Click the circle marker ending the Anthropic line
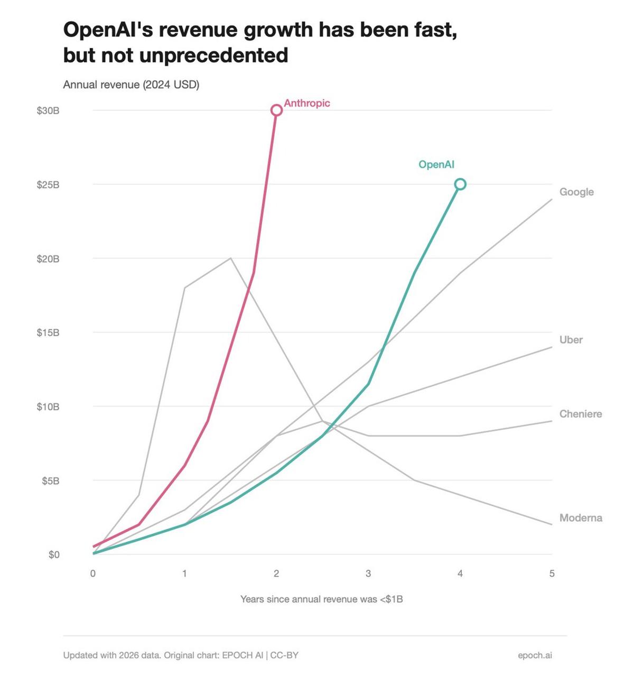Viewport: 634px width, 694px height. click(x=276, y=110)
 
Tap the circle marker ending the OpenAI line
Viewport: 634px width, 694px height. click(x=460, y=184)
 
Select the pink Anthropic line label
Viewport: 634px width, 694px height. click(x=306, y=103)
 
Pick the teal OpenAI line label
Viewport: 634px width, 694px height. click(x=436, y=164)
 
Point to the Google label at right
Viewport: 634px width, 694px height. click(x=576, y=192)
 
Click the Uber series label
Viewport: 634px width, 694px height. click(x=571, y=340)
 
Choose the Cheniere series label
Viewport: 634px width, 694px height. click(x=580, y=414)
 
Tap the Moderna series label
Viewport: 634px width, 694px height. click(x=580, y=518)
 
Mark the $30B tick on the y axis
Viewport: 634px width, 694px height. click(x=48, y=110)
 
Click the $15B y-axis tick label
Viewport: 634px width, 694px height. click(x=48, y=332)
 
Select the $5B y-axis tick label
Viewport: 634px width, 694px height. click(x=50, y=481)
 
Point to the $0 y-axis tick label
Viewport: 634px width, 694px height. click(x=54, y=554)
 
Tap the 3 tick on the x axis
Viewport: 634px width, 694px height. click(x=368, y=573)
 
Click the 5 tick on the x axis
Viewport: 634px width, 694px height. click(x=552, y=573)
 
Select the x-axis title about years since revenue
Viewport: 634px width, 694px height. click(x=321, y=599)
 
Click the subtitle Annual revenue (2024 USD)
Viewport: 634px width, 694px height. click(x=131, y=85)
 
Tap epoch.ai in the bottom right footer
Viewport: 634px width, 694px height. click(x=535, y=655)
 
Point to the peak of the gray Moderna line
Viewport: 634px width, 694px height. click(x=230, y=258)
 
